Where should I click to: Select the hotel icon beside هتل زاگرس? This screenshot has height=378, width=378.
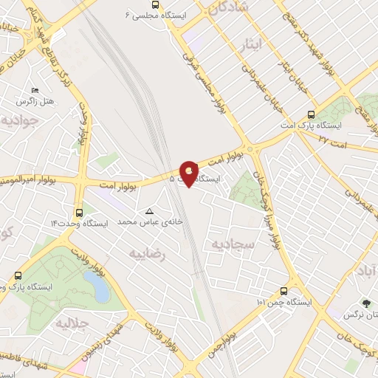(35, 89)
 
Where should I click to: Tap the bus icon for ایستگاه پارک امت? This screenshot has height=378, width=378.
(310, 115)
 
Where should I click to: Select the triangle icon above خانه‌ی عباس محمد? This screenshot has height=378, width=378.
(150, 210)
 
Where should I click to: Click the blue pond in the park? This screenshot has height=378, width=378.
(97, 285)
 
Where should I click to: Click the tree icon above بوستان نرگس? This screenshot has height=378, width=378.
(366, 303)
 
